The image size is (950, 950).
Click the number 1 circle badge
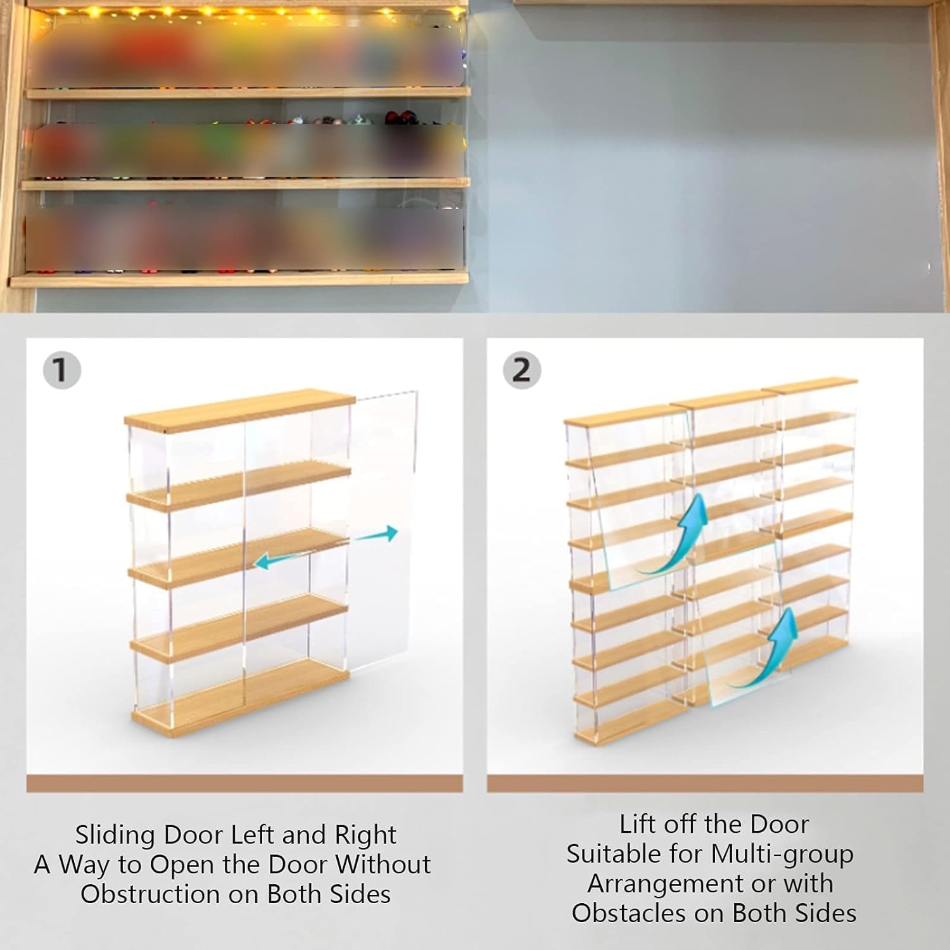(61, 370)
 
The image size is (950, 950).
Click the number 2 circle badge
(521, 370)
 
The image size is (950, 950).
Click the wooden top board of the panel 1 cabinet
(240, 410)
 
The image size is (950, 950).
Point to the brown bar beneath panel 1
(244, 783)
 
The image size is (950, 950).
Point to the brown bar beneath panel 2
(705, 783)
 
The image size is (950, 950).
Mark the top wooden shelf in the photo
(248, 93)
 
